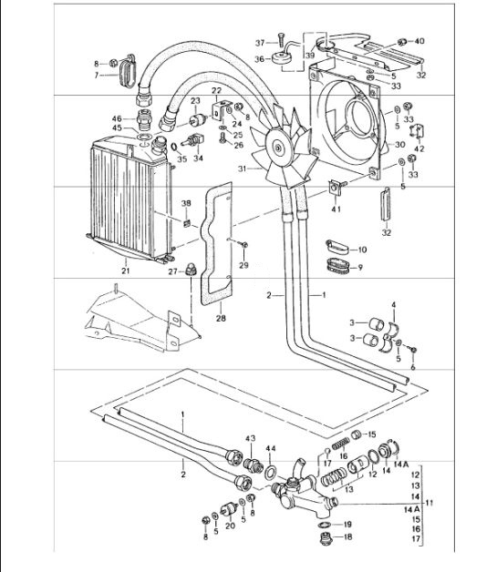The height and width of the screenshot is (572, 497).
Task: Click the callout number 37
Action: pos(259,43)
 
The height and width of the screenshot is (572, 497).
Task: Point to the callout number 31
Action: pos(242,168)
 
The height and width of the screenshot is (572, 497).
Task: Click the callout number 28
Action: pos(220,318)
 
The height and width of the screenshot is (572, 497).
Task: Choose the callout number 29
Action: pos(243,264)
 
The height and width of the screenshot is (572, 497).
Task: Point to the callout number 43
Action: pos(250,440)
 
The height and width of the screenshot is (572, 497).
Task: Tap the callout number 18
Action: pos(347,538)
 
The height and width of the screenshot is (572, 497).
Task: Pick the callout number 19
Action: pos(347,525)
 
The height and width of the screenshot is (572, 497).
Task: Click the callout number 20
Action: pos(230,526)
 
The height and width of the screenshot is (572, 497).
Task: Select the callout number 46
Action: pos(117,119)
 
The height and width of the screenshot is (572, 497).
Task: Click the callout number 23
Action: pos(196,101)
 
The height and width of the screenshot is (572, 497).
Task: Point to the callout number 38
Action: pos(186,203)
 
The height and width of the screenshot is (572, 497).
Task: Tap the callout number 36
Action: pos(259,59)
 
